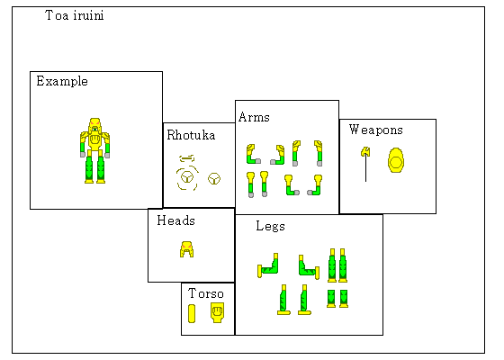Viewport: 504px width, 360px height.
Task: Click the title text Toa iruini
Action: coord(75,15)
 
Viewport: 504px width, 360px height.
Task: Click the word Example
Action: coord(62,81)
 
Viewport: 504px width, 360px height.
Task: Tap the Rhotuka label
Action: coord(191,135)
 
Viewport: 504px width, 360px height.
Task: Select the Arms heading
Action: coord(254,117)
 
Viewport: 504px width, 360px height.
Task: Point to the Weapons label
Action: coord(376,130)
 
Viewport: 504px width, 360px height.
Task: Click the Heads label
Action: coord(175,220)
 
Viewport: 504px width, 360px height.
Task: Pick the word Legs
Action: coord(270,226)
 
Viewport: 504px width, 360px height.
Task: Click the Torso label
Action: coord(206,293)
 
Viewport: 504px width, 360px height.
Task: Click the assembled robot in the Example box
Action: coord(94,151)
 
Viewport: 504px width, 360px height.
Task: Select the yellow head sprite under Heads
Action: coord(187,249)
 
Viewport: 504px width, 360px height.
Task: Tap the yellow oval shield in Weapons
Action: coord(396,160)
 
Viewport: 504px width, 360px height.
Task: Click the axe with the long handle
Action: coord(365,164)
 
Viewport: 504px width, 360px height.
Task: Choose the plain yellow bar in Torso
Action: coord(192,313)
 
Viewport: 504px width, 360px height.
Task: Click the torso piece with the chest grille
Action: coord(217,312)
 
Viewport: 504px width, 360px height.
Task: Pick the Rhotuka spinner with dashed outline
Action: coord(187,177)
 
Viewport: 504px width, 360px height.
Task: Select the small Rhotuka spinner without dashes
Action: coord(214,179)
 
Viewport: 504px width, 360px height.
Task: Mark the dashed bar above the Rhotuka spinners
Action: coord(187,158)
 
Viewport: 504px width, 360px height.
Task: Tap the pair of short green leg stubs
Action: coord(337,299)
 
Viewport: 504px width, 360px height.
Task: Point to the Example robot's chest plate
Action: coord(94,140)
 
